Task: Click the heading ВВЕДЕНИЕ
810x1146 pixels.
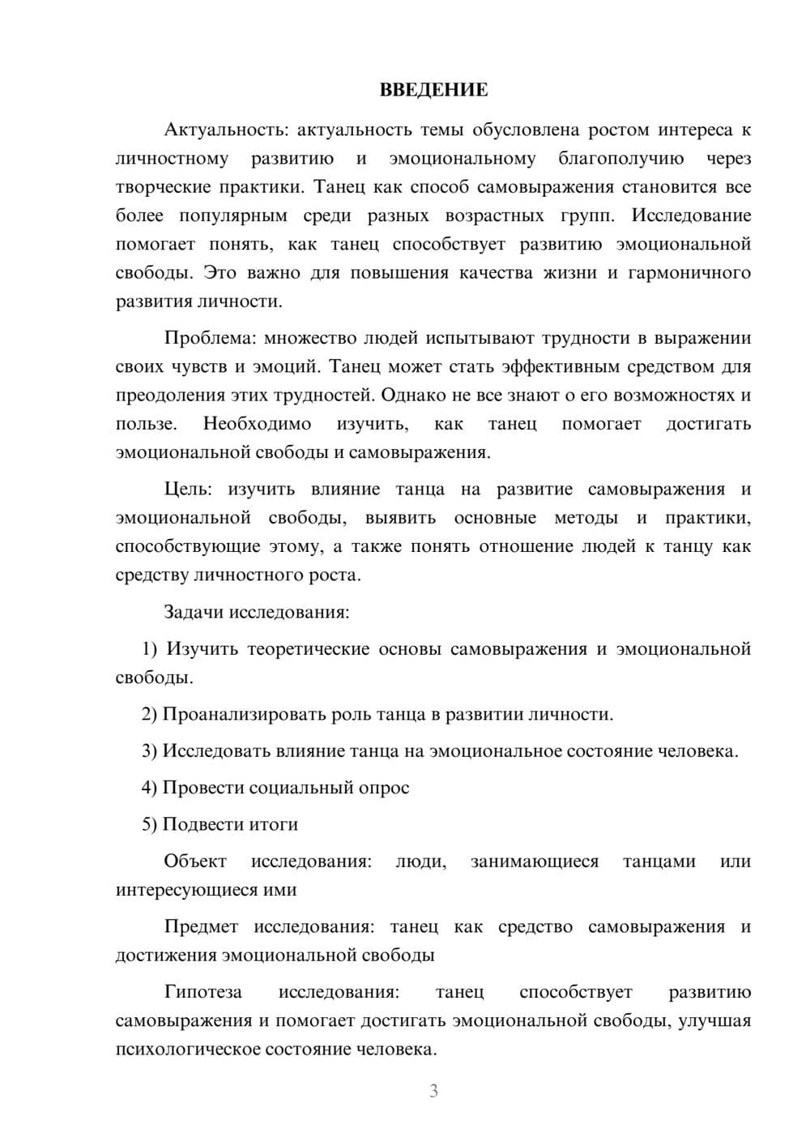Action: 433,90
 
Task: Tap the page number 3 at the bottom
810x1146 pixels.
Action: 433,1091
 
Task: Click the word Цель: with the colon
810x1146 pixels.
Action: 188,490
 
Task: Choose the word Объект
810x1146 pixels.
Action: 195,861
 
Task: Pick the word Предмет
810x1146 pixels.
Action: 201,926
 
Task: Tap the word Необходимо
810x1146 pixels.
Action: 257,424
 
